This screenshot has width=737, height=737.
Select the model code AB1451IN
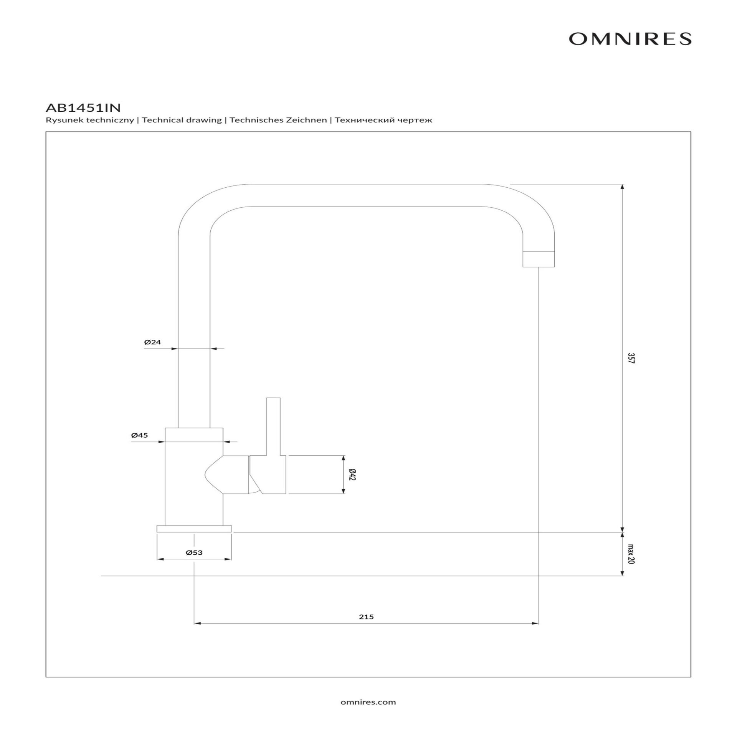tap(83, 107)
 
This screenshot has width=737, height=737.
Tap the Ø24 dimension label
tap(153, 342)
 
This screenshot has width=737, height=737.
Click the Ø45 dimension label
tap(139, 435)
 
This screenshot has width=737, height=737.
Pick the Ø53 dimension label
tap(194, 553)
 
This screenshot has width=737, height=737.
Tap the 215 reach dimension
tap(366, 617)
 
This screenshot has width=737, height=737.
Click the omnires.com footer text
tap(368, 702)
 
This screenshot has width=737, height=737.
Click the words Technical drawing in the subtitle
tap(182, 120)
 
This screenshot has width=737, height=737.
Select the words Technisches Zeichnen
tap(278, 120)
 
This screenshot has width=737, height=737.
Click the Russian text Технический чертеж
tap(383, 120)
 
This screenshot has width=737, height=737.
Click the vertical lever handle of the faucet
tap(273, 426)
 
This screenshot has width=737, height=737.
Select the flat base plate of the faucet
tap(194, 529)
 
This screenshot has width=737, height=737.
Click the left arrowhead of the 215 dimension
tap(197, 623)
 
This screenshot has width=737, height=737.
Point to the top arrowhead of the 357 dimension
tap(622, 187)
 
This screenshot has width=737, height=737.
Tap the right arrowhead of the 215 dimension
tap(535, 623)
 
